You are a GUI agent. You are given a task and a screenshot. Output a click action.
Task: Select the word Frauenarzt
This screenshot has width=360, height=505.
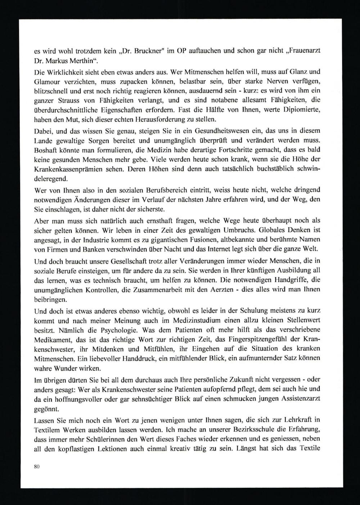(x=306, y=50)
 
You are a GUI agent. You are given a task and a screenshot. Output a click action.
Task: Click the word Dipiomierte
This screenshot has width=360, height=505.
(x=302, y=110)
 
